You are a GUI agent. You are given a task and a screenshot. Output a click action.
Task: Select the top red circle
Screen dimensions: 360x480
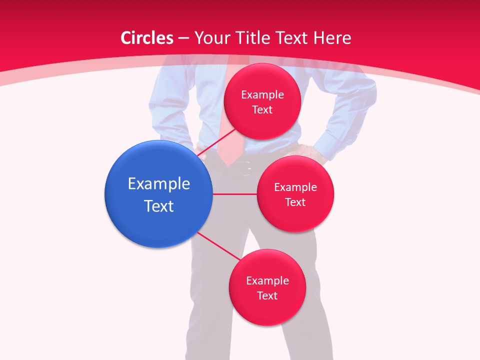pos(262,101)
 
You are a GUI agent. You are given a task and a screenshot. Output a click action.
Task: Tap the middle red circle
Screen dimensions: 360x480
pos(295,194)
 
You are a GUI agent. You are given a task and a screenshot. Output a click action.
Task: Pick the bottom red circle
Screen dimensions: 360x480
pos(267,287)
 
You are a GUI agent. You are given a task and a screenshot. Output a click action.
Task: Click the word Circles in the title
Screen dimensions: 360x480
pos(147,38)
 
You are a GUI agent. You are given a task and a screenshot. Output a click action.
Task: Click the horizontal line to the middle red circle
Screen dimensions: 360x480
pos(234,194)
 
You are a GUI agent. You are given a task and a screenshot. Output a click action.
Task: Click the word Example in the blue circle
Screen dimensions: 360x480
pos(159,184)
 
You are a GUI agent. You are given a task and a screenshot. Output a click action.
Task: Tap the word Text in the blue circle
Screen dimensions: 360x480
pos(159,206)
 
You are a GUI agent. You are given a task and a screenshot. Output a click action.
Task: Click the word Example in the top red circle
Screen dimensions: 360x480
pos(262,94)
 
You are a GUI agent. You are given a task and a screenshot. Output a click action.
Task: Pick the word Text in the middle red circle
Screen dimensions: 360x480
pos(295,202)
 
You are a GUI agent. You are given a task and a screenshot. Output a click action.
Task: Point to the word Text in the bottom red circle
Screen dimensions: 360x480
pos(267,295)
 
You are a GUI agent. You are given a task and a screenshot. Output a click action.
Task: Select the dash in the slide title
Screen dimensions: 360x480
pos(183,38)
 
